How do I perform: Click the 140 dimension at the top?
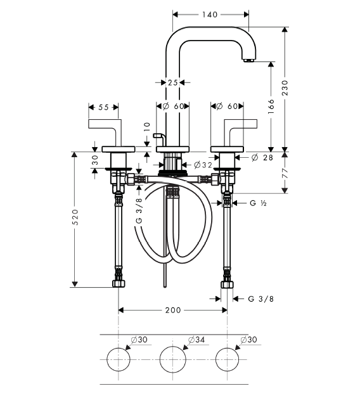point(210,15)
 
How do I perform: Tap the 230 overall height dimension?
point(285,88)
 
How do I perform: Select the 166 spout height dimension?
point(271,106)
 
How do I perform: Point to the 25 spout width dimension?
point(172,82)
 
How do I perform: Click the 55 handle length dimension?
point(103,107)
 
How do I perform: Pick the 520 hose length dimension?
point(75,217)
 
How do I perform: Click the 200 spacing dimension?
point(173,310)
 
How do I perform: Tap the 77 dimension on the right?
point(285,173)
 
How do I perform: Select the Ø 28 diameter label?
point(262,158)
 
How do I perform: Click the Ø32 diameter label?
point(203,165)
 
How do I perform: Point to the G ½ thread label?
point(258,203)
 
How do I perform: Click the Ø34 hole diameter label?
point(196,339)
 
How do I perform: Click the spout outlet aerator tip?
point(249,60)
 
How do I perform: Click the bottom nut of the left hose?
point(119,284)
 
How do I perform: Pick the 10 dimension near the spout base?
point(147,126)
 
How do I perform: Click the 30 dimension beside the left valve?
point(94,160)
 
